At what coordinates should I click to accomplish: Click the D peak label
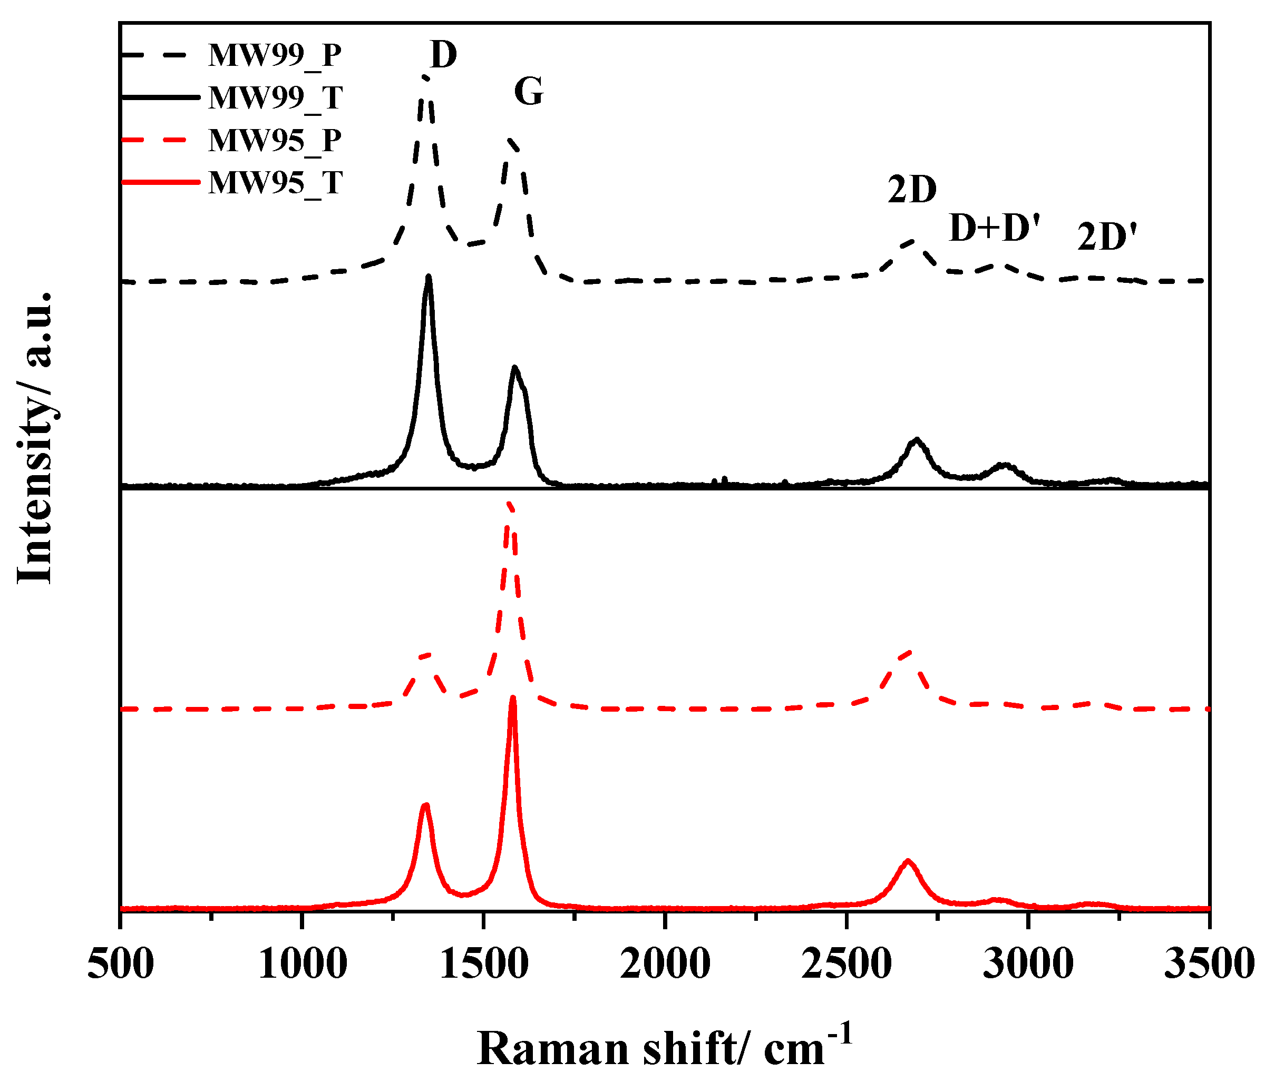[x=443, y=55]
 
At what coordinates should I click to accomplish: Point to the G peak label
[x=528, y=93]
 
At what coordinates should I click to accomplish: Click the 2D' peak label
[x=1106, y=238]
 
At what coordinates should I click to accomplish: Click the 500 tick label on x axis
[x=120, y=965]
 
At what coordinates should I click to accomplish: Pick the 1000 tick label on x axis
[x=302, y=965]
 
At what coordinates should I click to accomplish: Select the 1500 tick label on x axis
[x=483, y=965]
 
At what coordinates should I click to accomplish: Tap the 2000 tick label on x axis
[x=665, y=965]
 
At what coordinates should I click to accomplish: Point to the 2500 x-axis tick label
[x=846, y=965]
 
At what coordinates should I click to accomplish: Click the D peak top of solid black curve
[x=429, y=277]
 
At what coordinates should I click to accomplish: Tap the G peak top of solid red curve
[x=513, y=697]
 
